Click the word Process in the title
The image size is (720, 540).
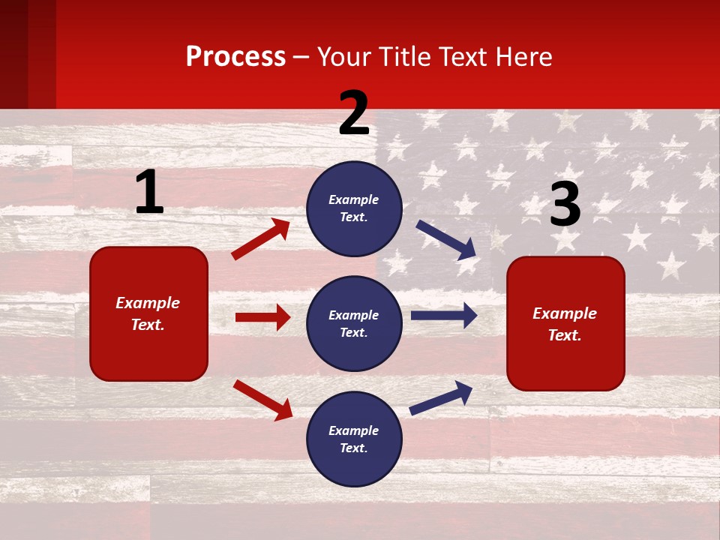[x=235, y=57]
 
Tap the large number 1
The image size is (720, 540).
[x=148, y=193]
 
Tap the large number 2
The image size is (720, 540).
[x=354, y=113]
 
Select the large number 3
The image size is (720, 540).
[x=565, y=205]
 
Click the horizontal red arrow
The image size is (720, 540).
[x=262, y=317]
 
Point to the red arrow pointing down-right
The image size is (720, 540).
[x=262, y=400]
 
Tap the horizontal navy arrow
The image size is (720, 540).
[x=444, y=316]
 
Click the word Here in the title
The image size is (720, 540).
[x=521, y=57]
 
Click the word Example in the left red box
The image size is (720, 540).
[x=148, y=303]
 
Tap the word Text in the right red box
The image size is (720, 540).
[x=564, y=335]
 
